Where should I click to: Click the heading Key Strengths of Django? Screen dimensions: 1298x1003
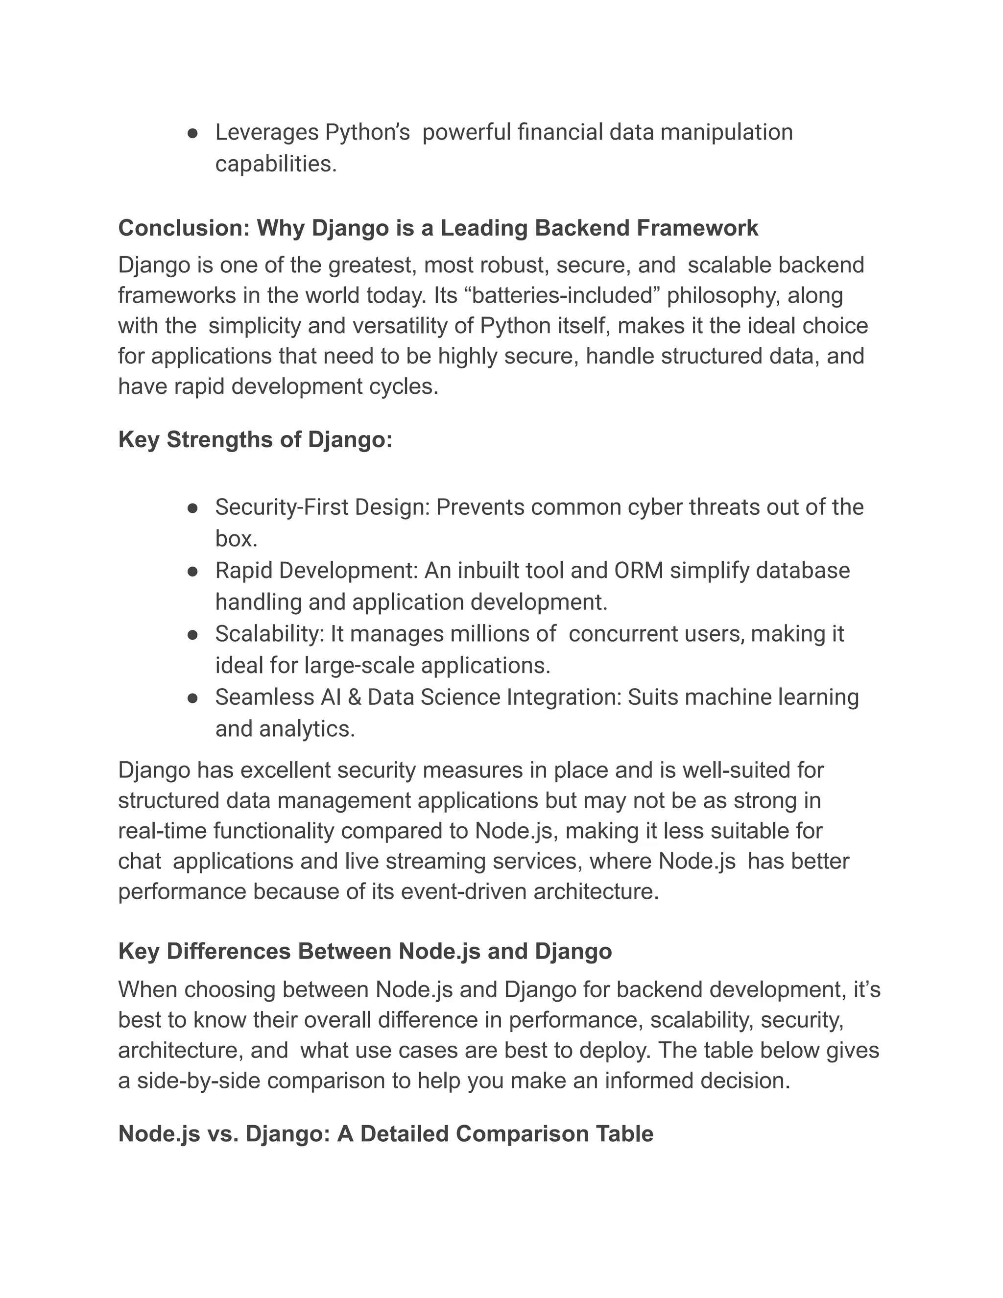coord(256,440)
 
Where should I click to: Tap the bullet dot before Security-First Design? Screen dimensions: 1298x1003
coord(192,508)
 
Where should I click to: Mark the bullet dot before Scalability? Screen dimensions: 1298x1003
coord(192,635)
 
